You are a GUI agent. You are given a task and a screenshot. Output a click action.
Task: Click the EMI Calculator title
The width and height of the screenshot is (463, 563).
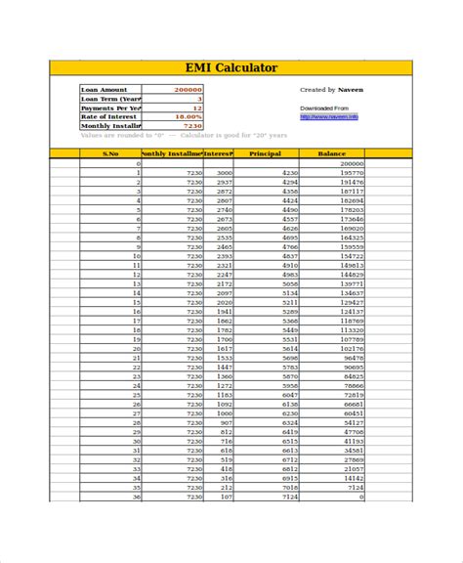[231, 67]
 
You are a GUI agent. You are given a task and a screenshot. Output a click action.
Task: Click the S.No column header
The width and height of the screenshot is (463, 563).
[110, 153]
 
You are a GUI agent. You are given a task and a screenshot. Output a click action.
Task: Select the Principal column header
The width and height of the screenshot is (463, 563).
[265, 153]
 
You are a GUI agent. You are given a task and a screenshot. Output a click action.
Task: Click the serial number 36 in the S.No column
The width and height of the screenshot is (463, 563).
[137, 497]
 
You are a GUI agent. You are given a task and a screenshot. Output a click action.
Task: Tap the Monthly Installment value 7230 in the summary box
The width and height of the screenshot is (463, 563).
[192, 126]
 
